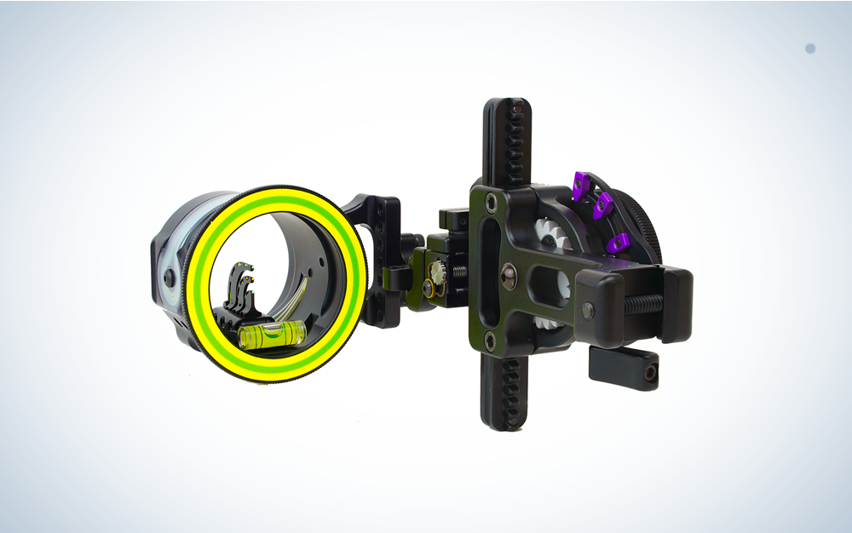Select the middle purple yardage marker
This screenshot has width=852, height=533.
click(604, 203)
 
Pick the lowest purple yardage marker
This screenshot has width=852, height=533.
click(619, 243)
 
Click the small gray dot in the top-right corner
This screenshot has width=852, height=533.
click(809, 49)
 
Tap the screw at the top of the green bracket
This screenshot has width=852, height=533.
click(491, 203)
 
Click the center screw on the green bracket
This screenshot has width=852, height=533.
click(509, 272)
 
